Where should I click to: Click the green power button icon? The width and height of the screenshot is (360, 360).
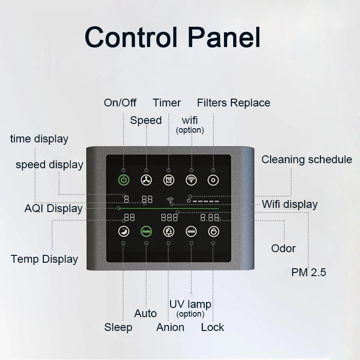[x=124, y=180]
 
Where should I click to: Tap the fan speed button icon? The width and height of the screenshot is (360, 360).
[x=146, y=180]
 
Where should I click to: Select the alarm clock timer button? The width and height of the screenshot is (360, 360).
[x=168, y=180]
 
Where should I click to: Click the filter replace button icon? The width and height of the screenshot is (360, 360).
[x=213, y=180]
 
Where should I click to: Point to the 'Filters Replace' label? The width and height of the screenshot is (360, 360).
[x=233, y=102]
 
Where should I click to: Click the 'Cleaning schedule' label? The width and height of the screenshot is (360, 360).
[x=307, y=159]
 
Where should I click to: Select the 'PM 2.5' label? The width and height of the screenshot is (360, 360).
[x=308, y=272]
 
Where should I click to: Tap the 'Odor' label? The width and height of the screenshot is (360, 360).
[x=283, y=248]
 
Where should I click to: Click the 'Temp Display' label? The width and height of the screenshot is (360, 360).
[x=44, y=259]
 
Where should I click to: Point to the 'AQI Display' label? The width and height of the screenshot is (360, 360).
[x=53, y=208]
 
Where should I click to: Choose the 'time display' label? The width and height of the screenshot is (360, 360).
[x=39, y=139]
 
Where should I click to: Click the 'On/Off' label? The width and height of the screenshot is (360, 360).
[x=120, y=102]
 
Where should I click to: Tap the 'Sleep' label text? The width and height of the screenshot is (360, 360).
[x=118, y=327]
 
